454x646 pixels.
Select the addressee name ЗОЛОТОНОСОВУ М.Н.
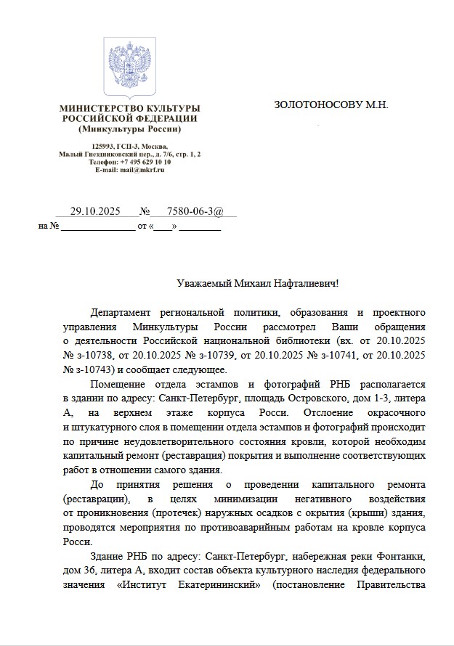(x=331, y=105)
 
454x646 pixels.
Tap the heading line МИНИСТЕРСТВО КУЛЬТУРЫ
(x=130, y=108)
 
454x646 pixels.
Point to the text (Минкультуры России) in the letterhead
(x=129, y=129)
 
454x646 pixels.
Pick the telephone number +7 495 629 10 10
(x=140, y=162)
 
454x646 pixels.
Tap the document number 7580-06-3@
(x=190, y=211)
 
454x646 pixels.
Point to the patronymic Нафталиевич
(x=307, y=283)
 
